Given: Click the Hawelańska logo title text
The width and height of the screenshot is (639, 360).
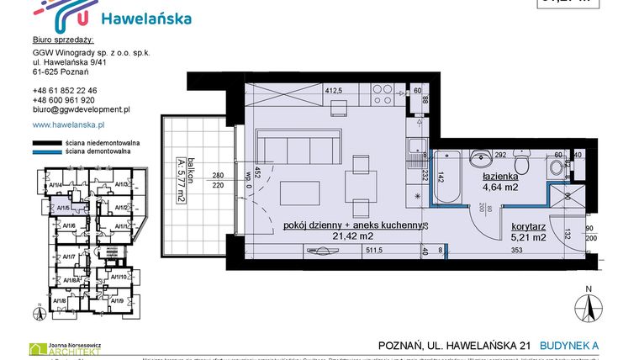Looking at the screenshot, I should pos(145,18).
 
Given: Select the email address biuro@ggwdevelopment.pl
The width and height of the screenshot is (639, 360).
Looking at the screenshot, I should pos(81,109).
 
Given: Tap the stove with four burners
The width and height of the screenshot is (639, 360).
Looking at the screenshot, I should pos(339,109).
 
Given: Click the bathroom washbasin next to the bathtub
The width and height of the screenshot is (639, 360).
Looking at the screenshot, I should pos(481,159).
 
